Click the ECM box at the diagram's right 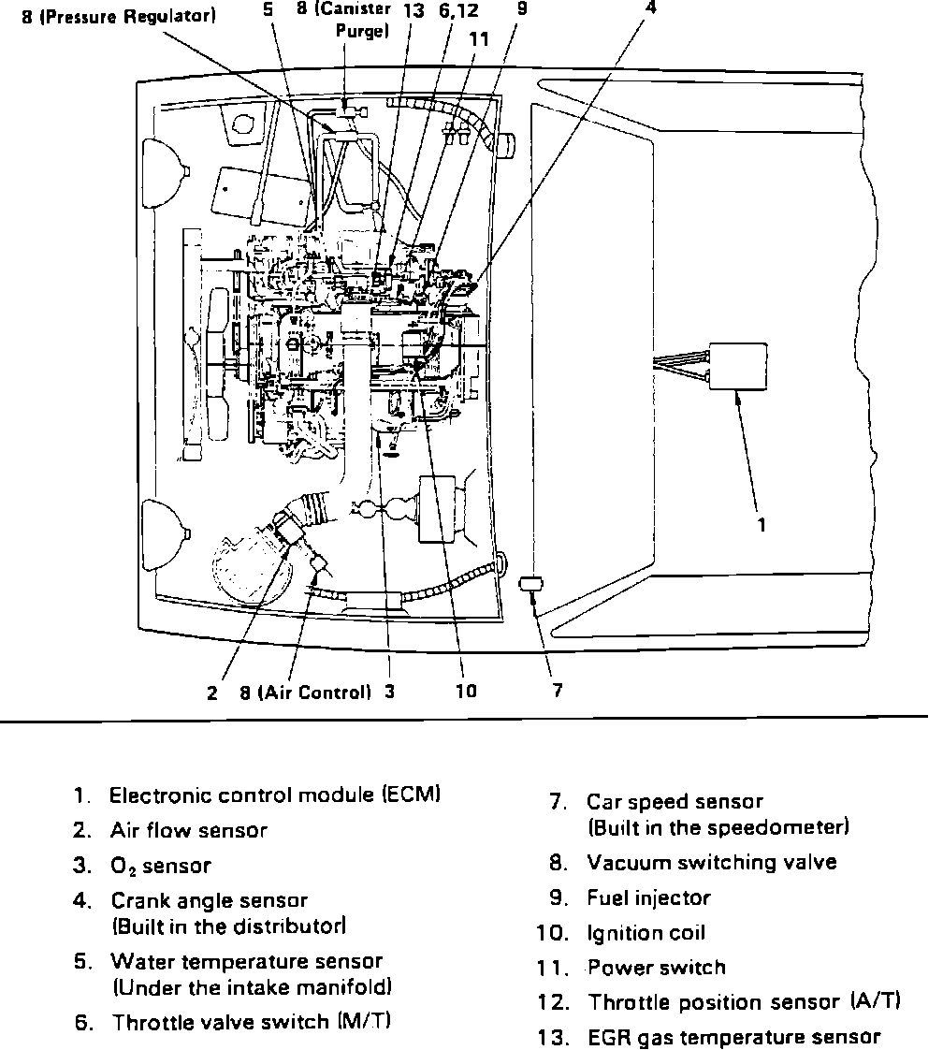coord(737,367)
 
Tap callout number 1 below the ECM coord(762,525)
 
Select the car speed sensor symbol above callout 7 coord(530,585)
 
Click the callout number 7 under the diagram coord(558,692)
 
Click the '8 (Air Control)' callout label coord(306,693)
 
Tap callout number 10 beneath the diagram coord(466,692)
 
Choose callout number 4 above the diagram coord(651,7)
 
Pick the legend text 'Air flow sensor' coord(188,830)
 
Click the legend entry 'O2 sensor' coord(160,867)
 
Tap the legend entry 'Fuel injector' coord(648,898)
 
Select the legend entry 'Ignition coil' coord(646,933)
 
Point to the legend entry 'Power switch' coord(656,968)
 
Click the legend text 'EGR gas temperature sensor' coord(733,1037)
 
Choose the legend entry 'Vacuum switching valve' coord(711,862)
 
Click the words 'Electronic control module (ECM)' coord(275,795)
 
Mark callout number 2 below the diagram coord(212,693)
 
